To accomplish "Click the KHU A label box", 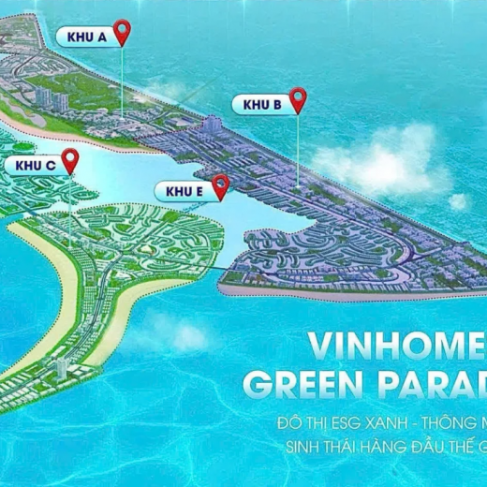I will [x=85, y=37].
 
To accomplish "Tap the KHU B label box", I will [x=262, y=104].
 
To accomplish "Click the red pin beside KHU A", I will [x=122, y=33].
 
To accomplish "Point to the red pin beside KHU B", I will [x=298, y=98].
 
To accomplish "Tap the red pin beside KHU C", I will [x=70, y=160].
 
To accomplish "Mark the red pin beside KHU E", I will [x=220, y=185].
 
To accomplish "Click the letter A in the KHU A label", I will [x=99, y=37].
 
